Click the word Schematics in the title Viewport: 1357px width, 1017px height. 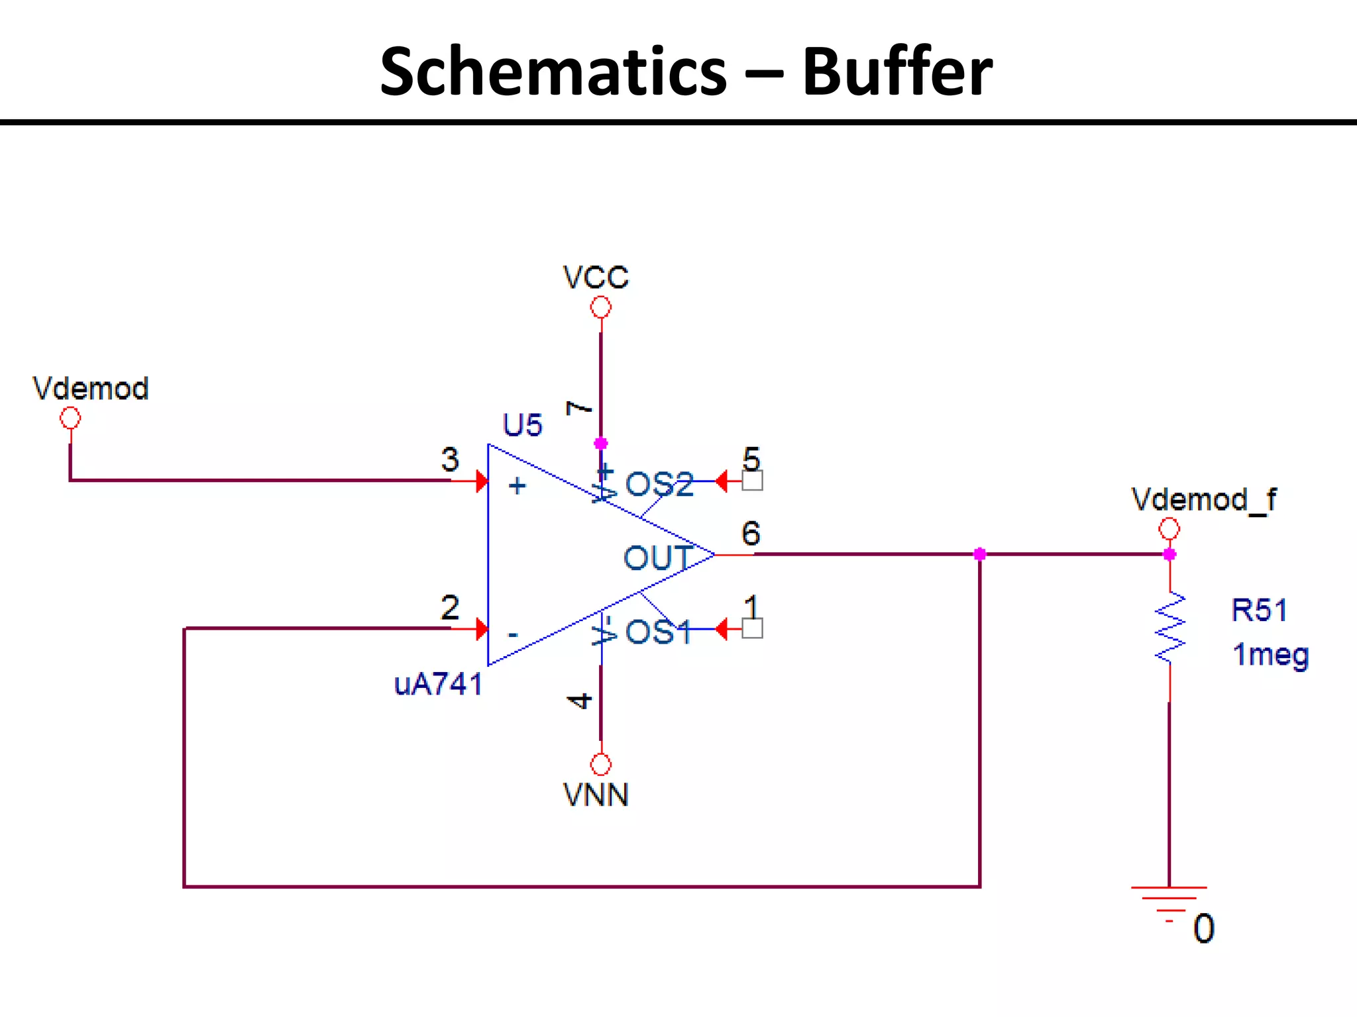click(x=553, y=72)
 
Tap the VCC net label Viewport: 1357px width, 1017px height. click(x=595, y=277)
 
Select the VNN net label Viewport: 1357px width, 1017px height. click(x=595, y=795)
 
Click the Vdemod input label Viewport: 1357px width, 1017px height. click(x=91, y=389)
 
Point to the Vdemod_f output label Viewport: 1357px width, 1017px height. click(x=1203, y=499)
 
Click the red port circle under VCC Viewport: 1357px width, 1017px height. click(x=600, y=307)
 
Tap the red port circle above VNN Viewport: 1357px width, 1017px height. click(x=600, y=764)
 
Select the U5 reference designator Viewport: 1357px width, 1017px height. click(x=522, y=425)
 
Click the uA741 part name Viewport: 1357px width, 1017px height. click(x=438, y=684)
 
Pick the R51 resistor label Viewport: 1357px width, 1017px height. click(x=1259, y=610)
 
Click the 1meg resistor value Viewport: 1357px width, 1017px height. click(x=1270, y=655)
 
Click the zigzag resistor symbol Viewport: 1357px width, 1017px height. click(x=1170, y=628)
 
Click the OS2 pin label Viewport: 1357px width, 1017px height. click(x=659, y=484)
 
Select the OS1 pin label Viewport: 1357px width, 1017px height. click(x=658, y=632)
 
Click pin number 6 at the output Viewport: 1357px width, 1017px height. click(x=750, y=533)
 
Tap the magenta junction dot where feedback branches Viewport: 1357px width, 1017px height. click(x=980, y=554)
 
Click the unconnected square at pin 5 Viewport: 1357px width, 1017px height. click(x=752, y=481)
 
